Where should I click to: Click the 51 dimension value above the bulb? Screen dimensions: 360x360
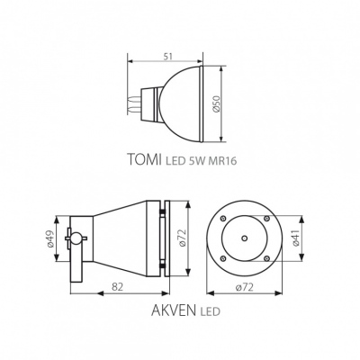(168, 57)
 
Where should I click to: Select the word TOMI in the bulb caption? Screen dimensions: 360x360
(145, 159)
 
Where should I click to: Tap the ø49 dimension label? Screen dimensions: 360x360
(49, 238)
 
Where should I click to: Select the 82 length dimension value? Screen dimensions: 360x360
(117, 286)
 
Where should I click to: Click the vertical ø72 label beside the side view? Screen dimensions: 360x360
(182, 238)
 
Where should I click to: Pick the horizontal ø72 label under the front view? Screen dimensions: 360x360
(245, 287)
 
